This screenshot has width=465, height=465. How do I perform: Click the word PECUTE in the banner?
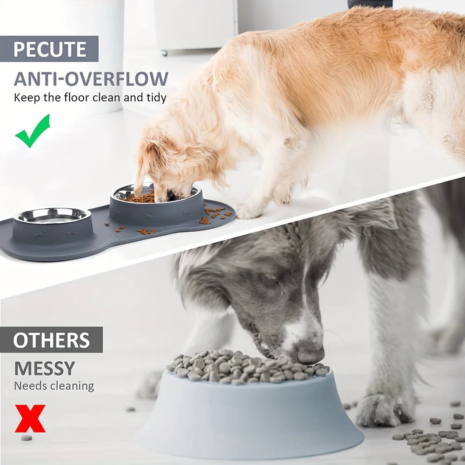point(50,49)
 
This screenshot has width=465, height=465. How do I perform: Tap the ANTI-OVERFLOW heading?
point(91,79)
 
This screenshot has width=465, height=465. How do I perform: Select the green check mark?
point(32,131)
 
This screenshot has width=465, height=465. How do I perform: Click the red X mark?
point(30,418)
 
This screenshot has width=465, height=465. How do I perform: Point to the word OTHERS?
point(51,340)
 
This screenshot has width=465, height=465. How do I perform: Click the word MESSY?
point(44,368)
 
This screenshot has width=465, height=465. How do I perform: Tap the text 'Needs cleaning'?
point(54,385)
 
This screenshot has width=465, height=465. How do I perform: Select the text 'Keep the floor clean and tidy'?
point(90,98)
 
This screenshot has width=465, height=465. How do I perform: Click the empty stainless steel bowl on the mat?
point(52,215)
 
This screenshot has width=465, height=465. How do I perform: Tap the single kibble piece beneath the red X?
point(27,438)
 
